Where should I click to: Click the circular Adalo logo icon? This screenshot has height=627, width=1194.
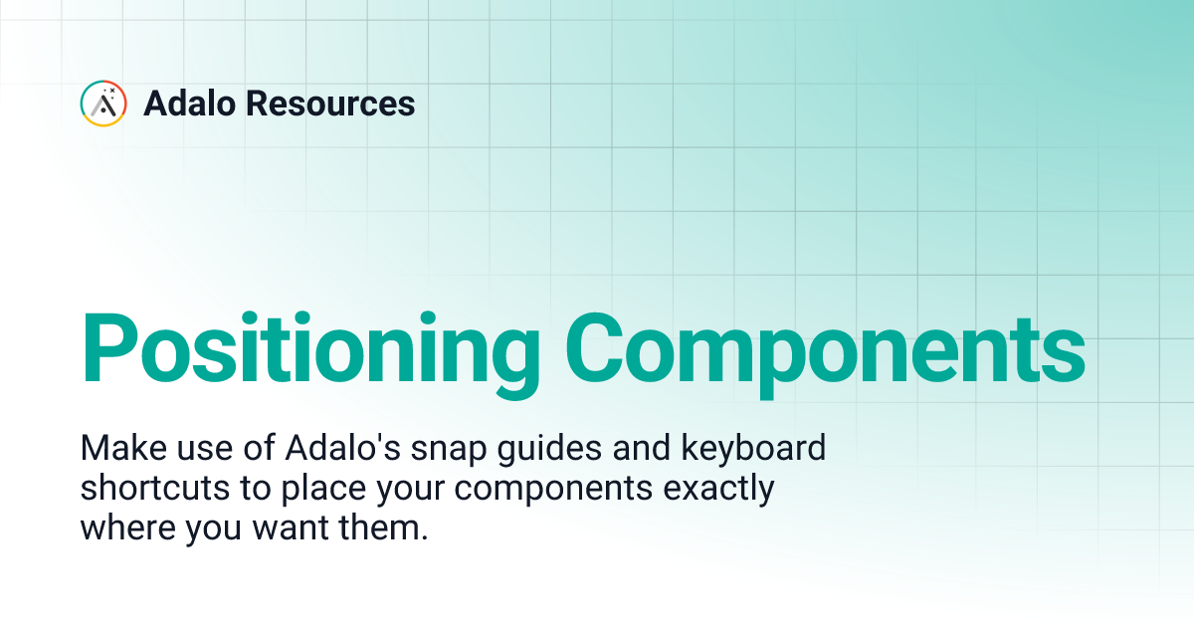[x=103, y=104]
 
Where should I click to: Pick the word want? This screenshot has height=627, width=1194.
[x=293, y=528]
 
